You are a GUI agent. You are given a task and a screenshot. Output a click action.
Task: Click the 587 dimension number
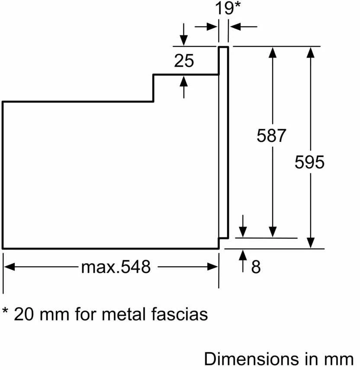tap(271, 135)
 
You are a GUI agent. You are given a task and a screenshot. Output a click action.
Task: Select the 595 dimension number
tap(309, 162)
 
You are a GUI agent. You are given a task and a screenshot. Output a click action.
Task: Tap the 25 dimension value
tap(184, 61)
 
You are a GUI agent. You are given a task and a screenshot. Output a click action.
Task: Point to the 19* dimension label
tap(228, 8)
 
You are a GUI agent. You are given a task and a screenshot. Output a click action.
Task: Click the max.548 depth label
tap(116, 267)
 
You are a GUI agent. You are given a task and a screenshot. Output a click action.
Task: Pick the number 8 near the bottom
tap(256, 267)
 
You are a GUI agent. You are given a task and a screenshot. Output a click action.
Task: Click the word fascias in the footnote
tap(179, 314)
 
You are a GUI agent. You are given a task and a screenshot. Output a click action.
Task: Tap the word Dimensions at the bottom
tap(251, 359)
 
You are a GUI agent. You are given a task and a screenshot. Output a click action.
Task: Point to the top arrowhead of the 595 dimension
tap(310, 52)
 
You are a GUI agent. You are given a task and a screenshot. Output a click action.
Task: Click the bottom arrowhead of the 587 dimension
tap(273, 232)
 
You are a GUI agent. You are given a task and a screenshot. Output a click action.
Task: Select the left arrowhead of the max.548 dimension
tap(10, 267)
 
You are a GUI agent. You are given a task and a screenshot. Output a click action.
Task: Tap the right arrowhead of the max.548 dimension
tap(212, 267)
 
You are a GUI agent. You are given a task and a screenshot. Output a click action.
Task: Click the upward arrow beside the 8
tap(243, 261)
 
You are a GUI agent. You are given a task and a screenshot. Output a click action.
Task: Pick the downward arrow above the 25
tap(184, 34)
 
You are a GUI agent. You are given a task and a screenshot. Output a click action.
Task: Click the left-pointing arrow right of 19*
tap(244, 27)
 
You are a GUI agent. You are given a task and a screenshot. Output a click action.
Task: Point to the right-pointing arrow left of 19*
tap(206, 27)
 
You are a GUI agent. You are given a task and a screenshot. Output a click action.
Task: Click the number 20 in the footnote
tap(24, 314)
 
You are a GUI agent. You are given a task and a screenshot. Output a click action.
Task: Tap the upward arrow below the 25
tap(184, 87)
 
